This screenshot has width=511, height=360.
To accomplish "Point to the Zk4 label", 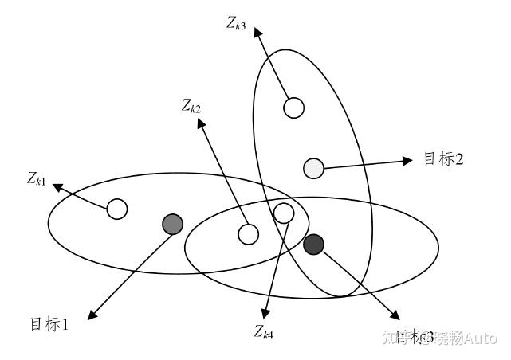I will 264,331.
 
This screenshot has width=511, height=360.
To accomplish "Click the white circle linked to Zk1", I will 116,209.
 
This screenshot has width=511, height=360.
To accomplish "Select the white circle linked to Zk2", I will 249,234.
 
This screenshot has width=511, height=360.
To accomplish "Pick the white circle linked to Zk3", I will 294,107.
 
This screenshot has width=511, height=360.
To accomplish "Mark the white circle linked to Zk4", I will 284,212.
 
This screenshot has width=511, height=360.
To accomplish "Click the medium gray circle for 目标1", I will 172,224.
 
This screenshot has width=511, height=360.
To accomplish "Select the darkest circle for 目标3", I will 314,245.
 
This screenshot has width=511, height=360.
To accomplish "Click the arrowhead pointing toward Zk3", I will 258,33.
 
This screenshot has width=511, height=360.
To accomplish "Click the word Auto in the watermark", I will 481,338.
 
